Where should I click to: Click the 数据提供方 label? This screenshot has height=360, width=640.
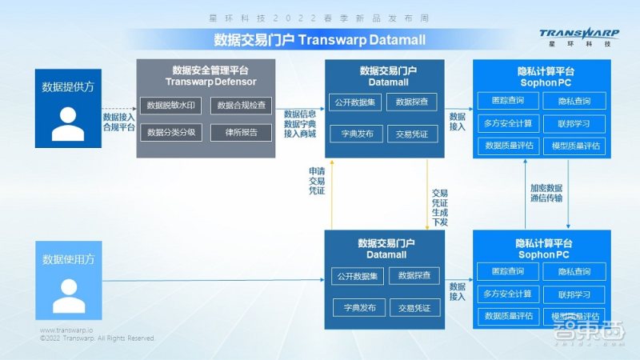click(x=68, y=86)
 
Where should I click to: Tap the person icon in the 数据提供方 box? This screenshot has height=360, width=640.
click(x=68, y=124)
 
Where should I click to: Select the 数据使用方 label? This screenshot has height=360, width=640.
click(x=68, y=259)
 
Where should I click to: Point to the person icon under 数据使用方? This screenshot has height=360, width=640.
click(x=68, y=296)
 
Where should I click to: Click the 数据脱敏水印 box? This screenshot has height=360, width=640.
click(x=170, y=106)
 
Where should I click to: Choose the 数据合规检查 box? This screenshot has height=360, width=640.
click(x=242, y=106)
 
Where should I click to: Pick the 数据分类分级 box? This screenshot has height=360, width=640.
click(x=170, y=132)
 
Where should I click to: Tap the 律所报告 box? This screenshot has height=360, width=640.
click(x=242, y=132)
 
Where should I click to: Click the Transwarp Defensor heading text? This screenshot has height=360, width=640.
click(x=206, y=82)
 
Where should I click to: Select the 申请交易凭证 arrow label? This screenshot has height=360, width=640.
click(x=317, y=181)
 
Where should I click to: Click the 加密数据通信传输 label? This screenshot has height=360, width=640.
click(x=546, y=193)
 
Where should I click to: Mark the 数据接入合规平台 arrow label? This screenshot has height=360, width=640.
click(x=118, y=122)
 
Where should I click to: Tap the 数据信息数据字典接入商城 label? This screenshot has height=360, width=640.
click(x=300, y=123)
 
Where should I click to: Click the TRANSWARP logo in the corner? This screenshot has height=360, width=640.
click(x=578, y=37)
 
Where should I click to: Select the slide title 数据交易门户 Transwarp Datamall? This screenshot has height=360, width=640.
click(x=319, y=40)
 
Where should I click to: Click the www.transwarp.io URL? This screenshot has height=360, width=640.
click(x=67, y=330)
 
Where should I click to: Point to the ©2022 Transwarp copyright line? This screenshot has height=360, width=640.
click(x=97, y=338)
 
